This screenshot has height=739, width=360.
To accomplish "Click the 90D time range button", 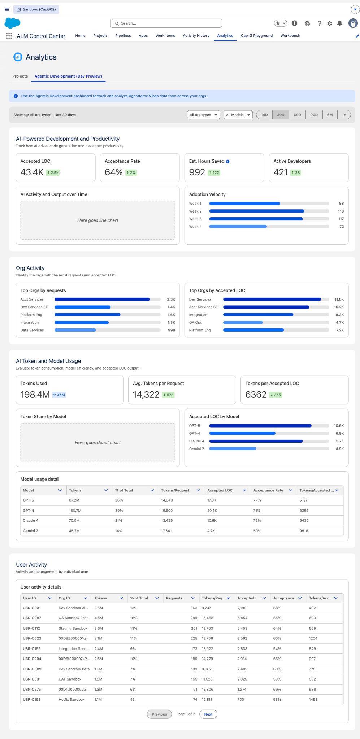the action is (314, 115).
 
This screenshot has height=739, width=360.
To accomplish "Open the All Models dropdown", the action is (238, 115).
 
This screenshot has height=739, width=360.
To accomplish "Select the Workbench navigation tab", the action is (290, 36).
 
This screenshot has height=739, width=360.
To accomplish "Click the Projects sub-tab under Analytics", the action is (20, 76).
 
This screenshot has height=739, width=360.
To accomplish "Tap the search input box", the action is (166, 23).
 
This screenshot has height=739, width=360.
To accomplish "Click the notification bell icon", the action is (340, 23).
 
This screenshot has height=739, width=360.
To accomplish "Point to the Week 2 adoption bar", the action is (257, 211).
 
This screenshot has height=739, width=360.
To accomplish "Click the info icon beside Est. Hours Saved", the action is (227, 162).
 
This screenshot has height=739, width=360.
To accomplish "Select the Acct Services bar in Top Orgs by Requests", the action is (102, 299).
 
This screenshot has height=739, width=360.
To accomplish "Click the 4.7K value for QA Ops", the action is (339, 323).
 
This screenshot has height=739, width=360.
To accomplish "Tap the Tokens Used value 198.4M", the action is (35, 394).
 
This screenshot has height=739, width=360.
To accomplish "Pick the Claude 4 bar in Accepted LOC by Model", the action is (256, 441).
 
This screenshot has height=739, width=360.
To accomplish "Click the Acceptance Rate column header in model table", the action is (268, 490).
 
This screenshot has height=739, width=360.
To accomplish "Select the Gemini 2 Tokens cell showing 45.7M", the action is (74, 531).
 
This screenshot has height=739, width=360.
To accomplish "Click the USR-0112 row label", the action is (31, 628).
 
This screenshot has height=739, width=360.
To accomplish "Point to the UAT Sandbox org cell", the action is (70, 679).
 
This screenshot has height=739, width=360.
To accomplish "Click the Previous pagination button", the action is (159, 714).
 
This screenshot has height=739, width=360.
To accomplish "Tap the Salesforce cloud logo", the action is (13, 23).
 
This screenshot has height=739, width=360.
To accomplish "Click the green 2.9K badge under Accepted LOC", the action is (53, 172).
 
